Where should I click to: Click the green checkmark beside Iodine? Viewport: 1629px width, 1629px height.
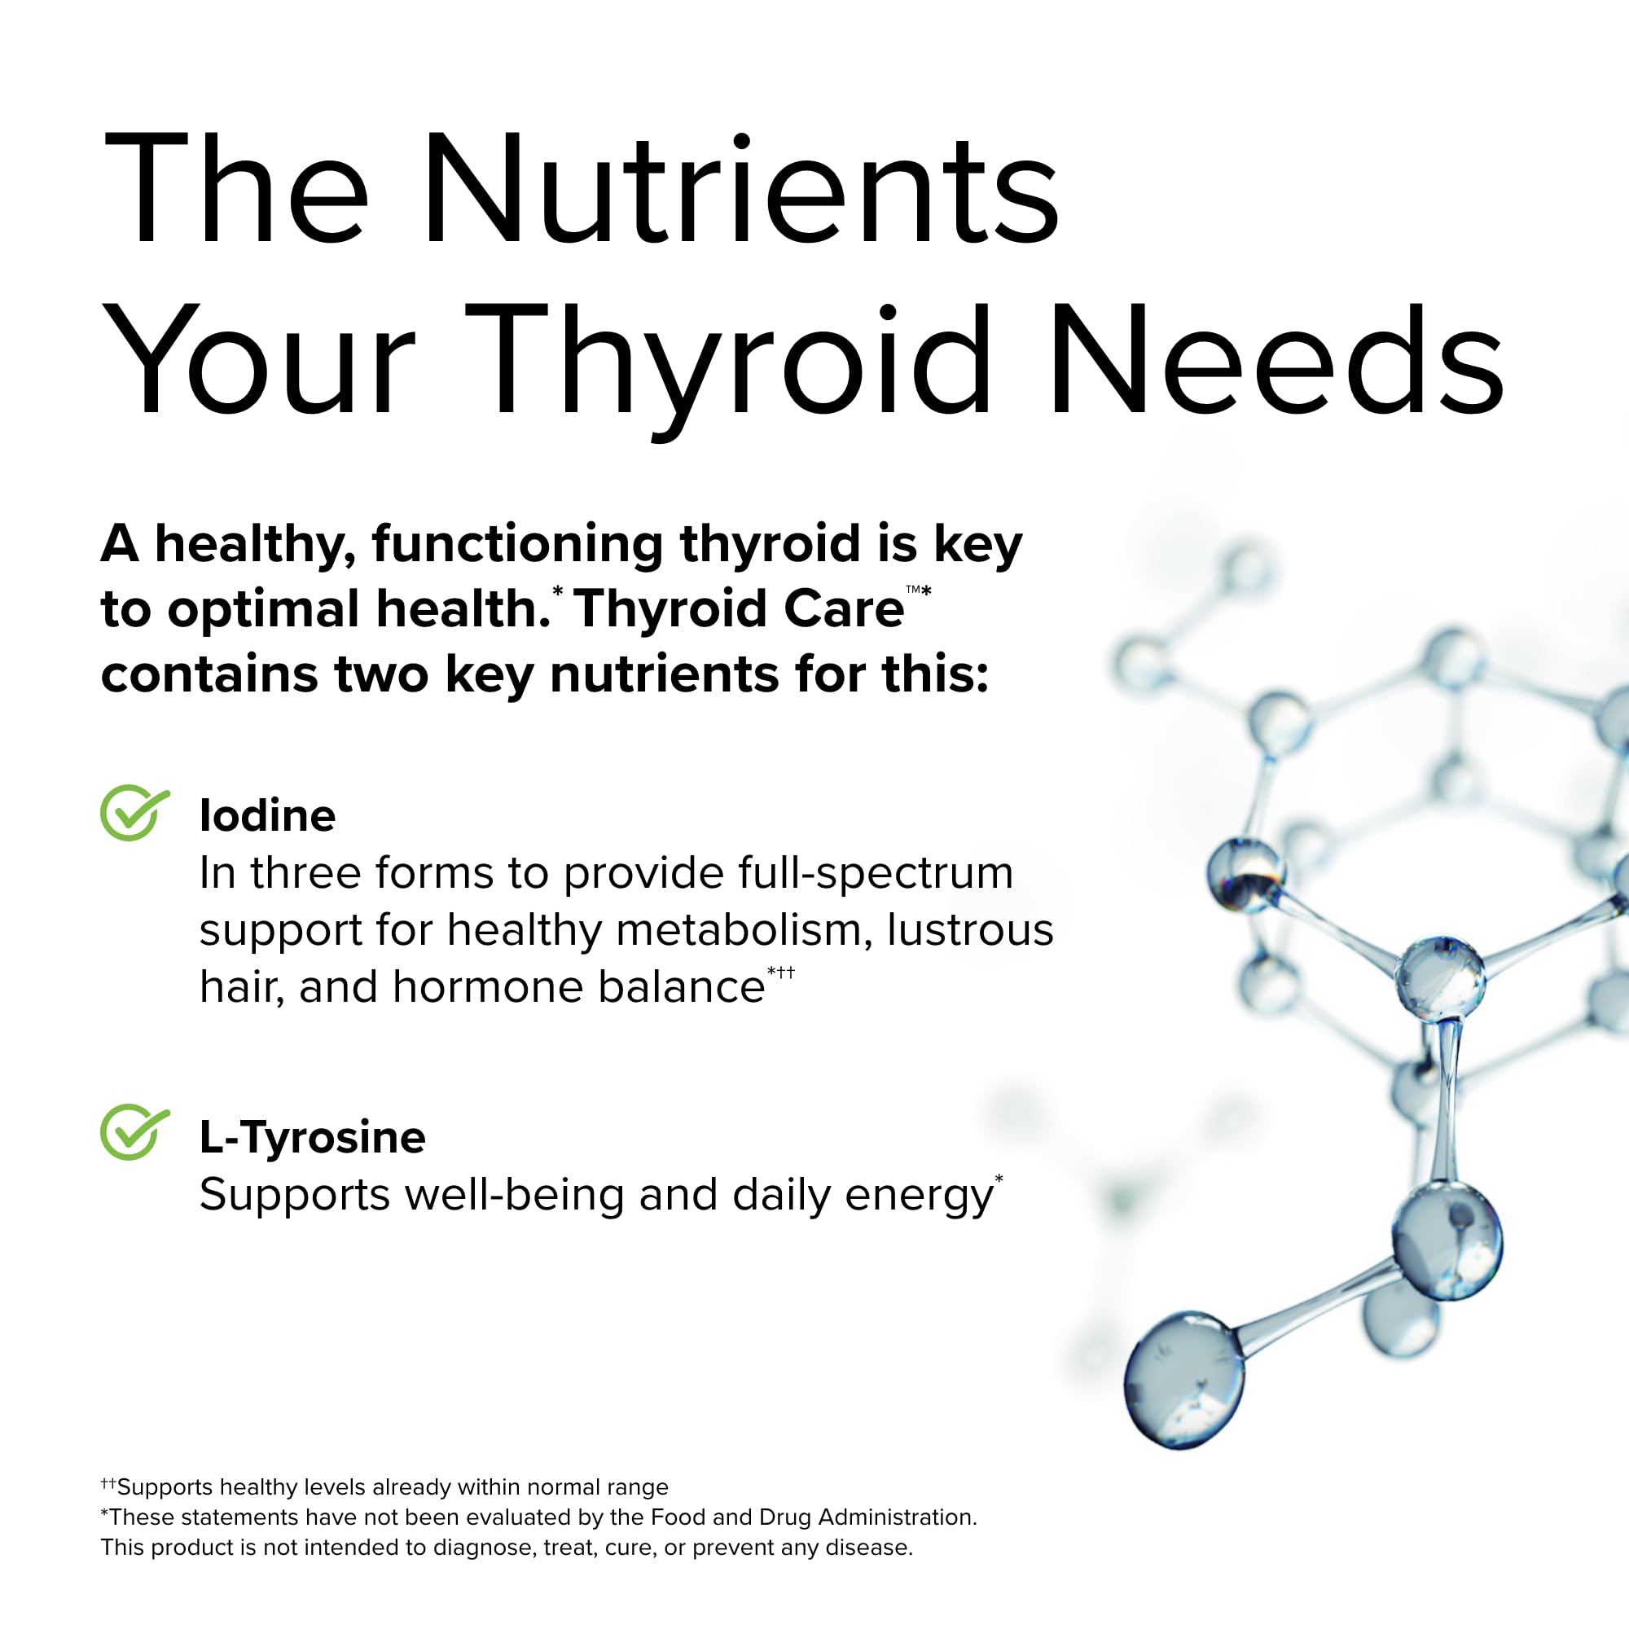click(134, 813)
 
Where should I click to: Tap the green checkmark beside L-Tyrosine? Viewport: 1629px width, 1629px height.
click(134, 1132)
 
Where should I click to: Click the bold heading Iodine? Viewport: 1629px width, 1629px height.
click(267, 815)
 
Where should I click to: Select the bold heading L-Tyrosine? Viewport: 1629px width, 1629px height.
click(312, 1136)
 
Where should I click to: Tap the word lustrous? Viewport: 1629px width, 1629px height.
click(969, 930)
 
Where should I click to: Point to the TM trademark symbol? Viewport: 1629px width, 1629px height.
click(912, 590)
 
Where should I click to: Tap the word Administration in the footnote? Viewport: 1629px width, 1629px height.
click(897, 1517)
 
